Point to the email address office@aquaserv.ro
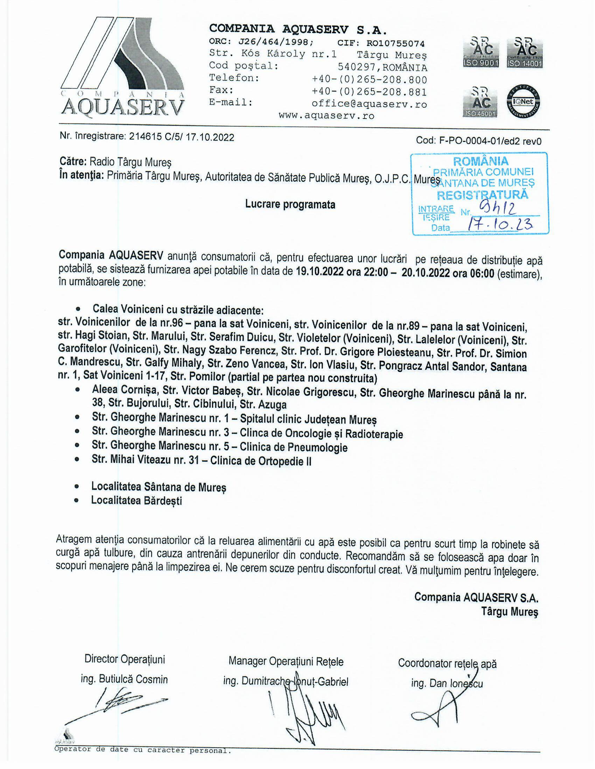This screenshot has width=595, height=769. pos(369,104)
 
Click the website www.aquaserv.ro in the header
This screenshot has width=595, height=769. pos(327,116)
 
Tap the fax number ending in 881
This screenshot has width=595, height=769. pos(369,92)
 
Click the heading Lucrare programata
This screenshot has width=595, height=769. pos(290,204)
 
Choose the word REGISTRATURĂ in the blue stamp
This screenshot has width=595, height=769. pos(483,195)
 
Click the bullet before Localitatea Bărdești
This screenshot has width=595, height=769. pos(77,501)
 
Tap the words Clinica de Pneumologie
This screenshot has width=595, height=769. pos(294,447)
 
